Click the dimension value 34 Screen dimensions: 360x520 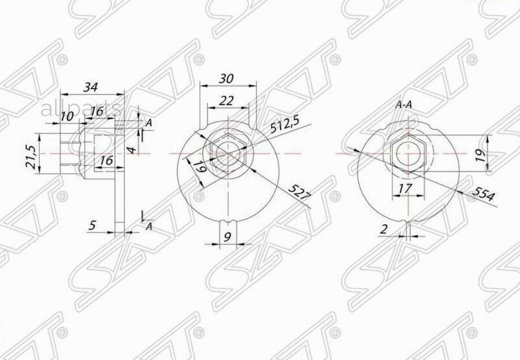coord(90,87)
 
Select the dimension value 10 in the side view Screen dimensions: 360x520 coord(67,116)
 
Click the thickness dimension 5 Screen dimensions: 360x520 coord(92,225)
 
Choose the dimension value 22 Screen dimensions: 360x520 coord(226,100)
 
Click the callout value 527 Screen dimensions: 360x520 coord(299,193)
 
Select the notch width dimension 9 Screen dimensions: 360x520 coord(227,236)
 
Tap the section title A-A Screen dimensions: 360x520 coord(403,105)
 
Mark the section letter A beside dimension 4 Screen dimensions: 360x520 coord(148,123)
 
